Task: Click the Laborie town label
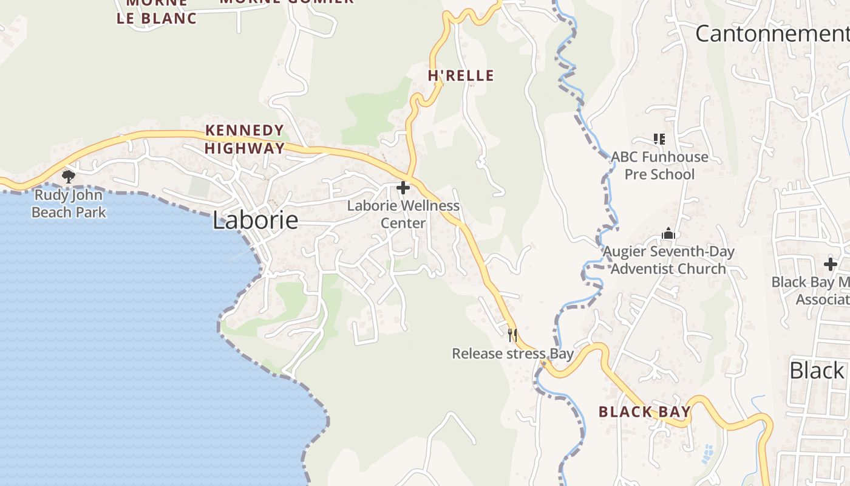coord(256,220)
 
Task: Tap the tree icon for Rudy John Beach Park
coord(69,177)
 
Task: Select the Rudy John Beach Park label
coord(69,204)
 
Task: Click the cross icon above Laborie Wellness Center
coord(403,188)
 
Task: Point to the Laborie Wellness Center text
coord(403,214)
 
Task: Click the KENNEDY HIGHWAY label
coord(245,139)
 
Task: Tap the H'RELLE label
coord(461,76)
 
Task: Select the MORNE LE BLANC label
coord(157,12)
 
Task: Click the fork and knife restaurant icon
coord(512,335)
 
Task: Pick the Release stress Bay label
coord(512,354)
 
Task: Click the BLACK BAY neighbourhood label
coord(645,412)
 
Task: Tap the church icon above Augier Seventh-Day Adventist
coord(668,233)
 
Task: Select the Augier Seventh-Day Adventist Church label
coord(668,260)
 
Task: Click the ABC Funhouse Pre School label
coord(659,166)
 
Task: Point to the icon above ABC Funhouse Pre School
coord(659,139)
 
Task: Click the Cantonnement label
coord(772,33)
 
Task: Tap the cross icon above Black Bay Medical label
coord(830,264)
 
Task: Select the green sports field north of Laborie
coord(199,187)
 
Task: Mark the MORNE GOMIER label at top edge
coord(287,2)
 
